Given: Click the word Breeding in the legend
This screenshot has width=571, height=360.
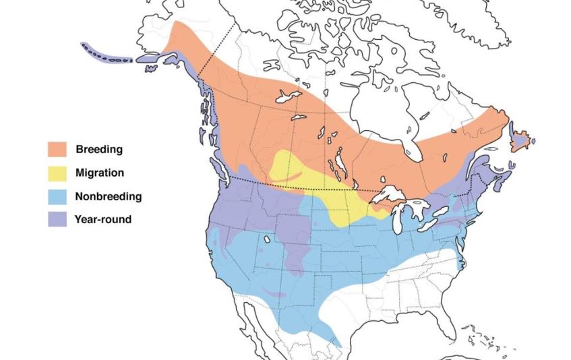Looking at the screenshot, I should pyautogui.click(x=99, y=148).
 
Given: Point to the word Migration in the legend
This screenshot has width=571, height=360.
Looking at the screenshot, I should pyautogui.click(x=100, y=173).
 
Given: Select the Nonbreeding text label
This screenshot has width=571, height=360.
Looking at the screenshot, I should pyautogui.click(x=109, y=197).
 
